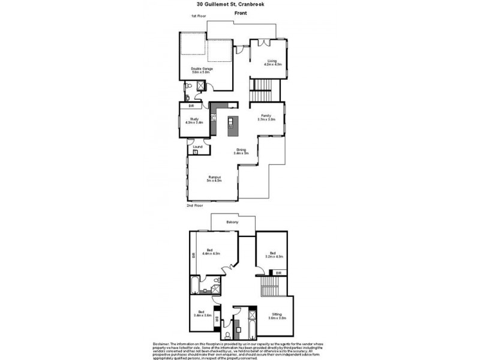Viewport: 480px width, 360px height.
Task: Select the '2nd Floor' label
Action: tap(195, 205)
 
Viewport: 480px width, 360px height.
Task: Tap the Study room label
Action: tap(194, 121)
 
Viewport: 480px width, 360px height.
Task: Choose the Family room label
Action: tap(266, 117)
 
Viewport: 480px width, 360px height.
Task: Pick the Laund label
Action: tap(197, 146)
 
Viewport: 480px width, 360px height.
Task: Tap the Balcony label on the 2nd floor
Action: tap(233, 223)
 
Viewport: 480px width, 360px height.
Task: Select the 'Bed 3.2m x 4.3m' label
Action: tap(273, 254)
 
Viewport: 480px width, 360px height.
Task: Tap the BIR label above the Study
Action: tap(191, 106)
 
